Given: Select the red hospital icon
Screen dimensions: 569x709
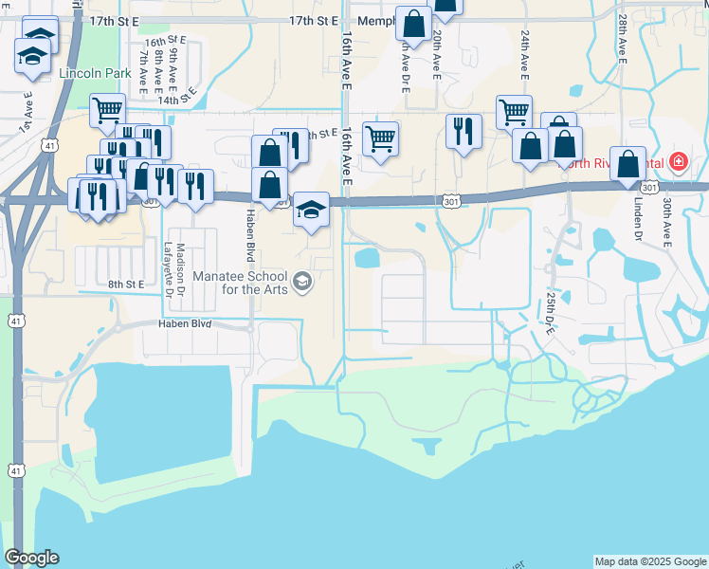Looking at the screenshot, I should tap(678, 162).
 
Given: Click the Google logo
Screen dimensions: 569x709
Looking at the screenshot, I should tap(31, 558).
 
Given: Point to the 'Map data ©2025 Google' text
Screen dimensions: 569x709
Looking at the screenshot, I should tap(649, 561).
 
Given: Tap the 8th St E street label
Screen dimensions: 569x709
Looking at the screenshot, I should tap(125, 284).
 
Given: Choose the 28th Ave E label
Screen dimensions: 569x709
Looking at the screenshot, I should tap(622, 37).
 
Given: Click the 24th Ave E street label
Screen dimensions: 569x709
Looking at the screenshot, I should tap(524, 53).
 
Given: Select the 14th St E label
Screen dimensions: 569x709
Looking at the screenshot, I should tap(182, 98).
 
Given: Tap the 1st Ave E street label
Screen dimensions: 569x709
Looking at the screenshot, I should tap(27, 112).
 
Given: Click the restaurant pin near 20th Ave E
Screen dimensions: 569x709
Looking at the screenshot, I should tap(464, 132).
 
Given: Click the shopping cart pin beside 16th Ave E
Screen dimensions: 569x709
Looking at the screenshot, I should tap(380, 138).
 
